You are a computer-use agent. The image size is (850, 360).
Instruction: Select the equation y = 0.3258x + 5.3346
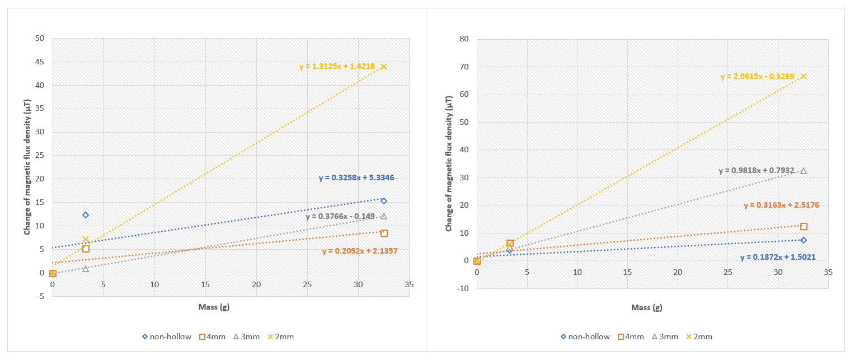click(356, 178)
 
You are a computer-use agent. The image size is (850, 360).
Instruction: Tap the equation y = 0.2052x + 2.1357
click(360, 251)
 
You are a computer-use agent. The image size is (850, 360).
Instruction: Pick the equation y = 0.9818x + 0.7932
click(757, 171)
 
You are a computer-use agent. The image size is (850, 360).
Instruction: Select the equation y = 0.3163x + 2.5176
click(781, 205)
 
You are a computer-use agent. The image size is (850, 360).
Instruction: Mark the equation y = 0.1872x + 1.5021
click(778, 258)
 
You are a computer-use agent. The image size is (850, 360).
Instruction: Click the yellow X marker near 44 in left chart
click(384, 67)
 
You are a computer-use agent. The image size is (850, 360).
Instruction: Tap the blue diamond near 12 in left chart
click(86, 215)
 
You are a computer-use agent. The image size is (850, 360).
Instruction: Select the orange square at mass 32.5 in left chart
click(384, 233)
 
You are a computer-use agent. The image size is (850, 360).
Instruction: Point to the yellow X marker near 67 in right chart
click(804, 76)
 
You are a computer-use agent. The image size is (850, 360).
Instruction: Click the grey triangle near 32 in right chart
click(804, 171)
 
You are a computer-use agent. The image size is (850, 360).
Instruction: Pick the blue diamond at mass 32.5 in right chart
click(804, 240)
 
